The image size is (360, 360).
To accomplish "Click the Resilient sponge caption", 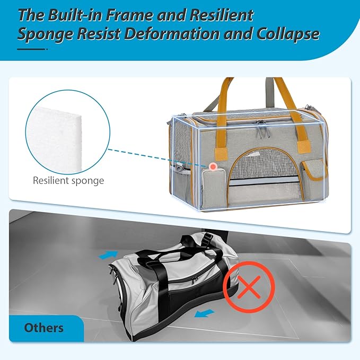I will pos(68,180).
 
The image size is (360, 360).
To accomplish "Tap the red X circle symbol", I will pos(247,287).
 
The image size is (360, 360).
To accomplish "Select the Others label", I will pos(43,328).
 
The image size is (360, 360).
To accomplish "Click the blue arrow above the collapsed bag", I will pos(108,255).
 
